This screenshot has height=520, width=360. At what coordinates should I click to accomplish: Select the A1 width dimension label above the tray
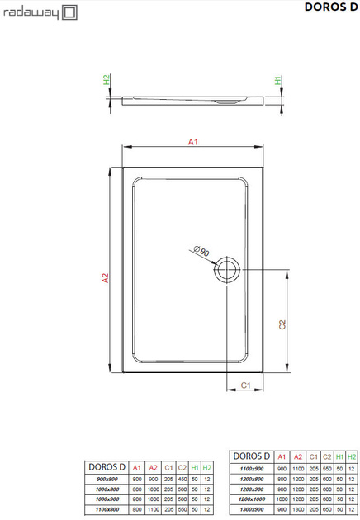[x=192, y=143]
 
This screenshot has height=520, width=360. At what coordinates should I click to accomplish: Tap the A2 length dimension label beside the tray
[x=105, y=278]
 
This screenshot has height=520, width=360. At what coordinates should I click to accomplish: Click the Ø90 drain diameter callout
[x=200, y=252]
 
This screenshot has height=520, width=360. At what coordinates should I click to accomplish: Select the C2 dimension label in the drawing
[x=282, y=324]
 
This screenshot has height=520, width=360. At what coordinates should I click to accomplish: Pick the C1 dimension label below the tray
[x=245, y=385]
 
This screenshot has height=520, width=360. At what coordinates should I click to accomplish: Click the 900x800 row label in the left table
[x=107, y=480]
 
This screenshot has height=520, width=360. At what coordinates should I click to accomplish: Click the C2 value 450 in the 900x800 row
[x=182, y=480]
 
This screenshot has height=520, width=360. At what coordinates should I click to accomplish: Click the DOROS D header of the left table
[x=107, y=466]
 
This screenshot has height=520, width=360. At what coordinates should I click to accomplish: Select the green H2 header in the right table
[x=351, y=456]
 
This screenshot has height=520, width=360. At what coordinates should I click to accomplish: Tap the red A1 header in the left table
[x=137, y=468]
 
